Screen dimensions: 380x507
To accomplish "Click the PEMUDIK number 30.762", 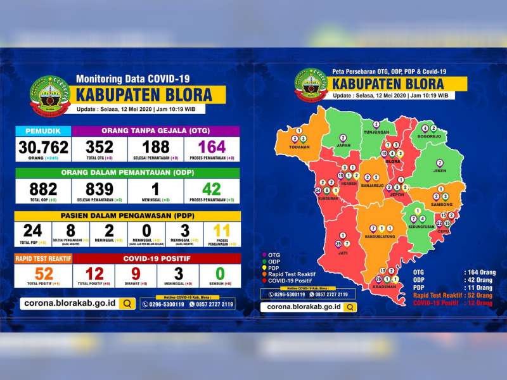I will pyautogui.click(x=44, y=147).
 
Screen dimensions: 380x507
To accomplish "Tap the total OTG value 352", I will pyautogui.click(x=100, y=147).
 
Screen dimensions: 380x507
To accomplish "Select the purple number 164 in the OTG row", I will pyautogui.click(x=212, y=147).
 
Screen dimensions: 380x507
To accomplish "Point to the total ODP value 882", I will pyautogui.click(x=43, y=189).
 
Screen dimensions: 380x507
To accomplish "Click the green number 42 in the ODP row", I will pyautogui.click(x=212, y=189).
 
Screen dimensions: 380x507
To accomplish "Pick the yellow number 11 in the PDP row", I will pyautogui.click(x=221, y=231).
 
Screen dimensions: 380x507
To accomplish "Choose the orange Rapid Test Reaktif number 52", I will pyautogui.click(x=44, y=273).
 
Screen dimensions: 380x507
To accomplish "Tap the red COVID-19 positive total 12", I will pyautogui.click(x=94, y=273).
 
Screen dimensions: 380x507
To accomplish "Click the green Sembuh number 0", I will pyautogui.click(x=220, y=273).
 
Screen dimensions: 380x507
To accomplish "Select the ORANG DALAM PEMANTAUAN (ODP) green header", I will pyautogui.click(x=127, y=173).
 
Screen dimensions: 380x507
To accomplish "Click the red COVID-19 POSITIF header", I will pyautogui.click(x=157, y=258).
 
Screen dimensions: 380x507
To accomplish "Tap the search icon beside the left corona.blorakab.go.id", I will pyautogui.click(x=127, y=303).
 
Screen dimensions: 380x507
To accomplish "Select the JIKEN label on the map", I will pyautogui.click(x=439, y=170).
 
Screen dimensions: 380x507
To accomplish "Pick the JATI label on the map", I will pyautogui.click(x=342, y=251).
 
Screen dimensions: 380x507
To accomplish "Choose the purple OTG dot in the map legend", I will pyautogui.click(x=264, y=255).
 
